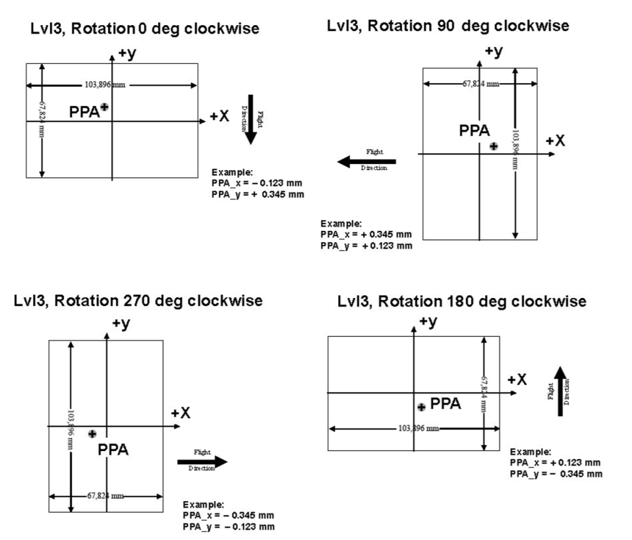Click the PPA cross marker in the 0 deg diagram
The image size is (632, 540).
[x=104, y=107]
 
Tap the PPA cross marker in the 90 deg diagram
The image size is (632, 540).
[x=494, y=146]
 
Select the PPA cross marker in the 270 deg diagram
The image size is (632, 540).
[x=92, y=433]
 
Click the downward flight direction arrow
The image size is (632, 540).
[x=250, y=119]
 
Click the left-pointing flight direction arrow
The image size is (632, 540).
[x=366, y=161]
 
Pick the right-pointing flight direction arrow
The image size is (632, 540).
[x=202, y=462]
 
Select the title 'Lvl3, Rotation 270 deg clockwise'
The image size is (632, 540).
[x=138, y=301]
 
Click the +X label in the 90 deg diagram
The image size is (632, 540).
[x=555, y=140]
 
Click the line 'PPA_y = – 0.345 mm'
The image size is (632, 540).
[x=555, y=473]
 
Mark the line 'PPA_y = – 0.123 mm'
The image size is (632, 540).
[x=229, y=526]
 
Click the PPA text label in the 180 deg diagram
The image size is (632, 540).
[x=445, y=404]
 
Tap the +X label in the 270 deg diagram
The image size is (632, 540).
[x=181, y=413]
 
